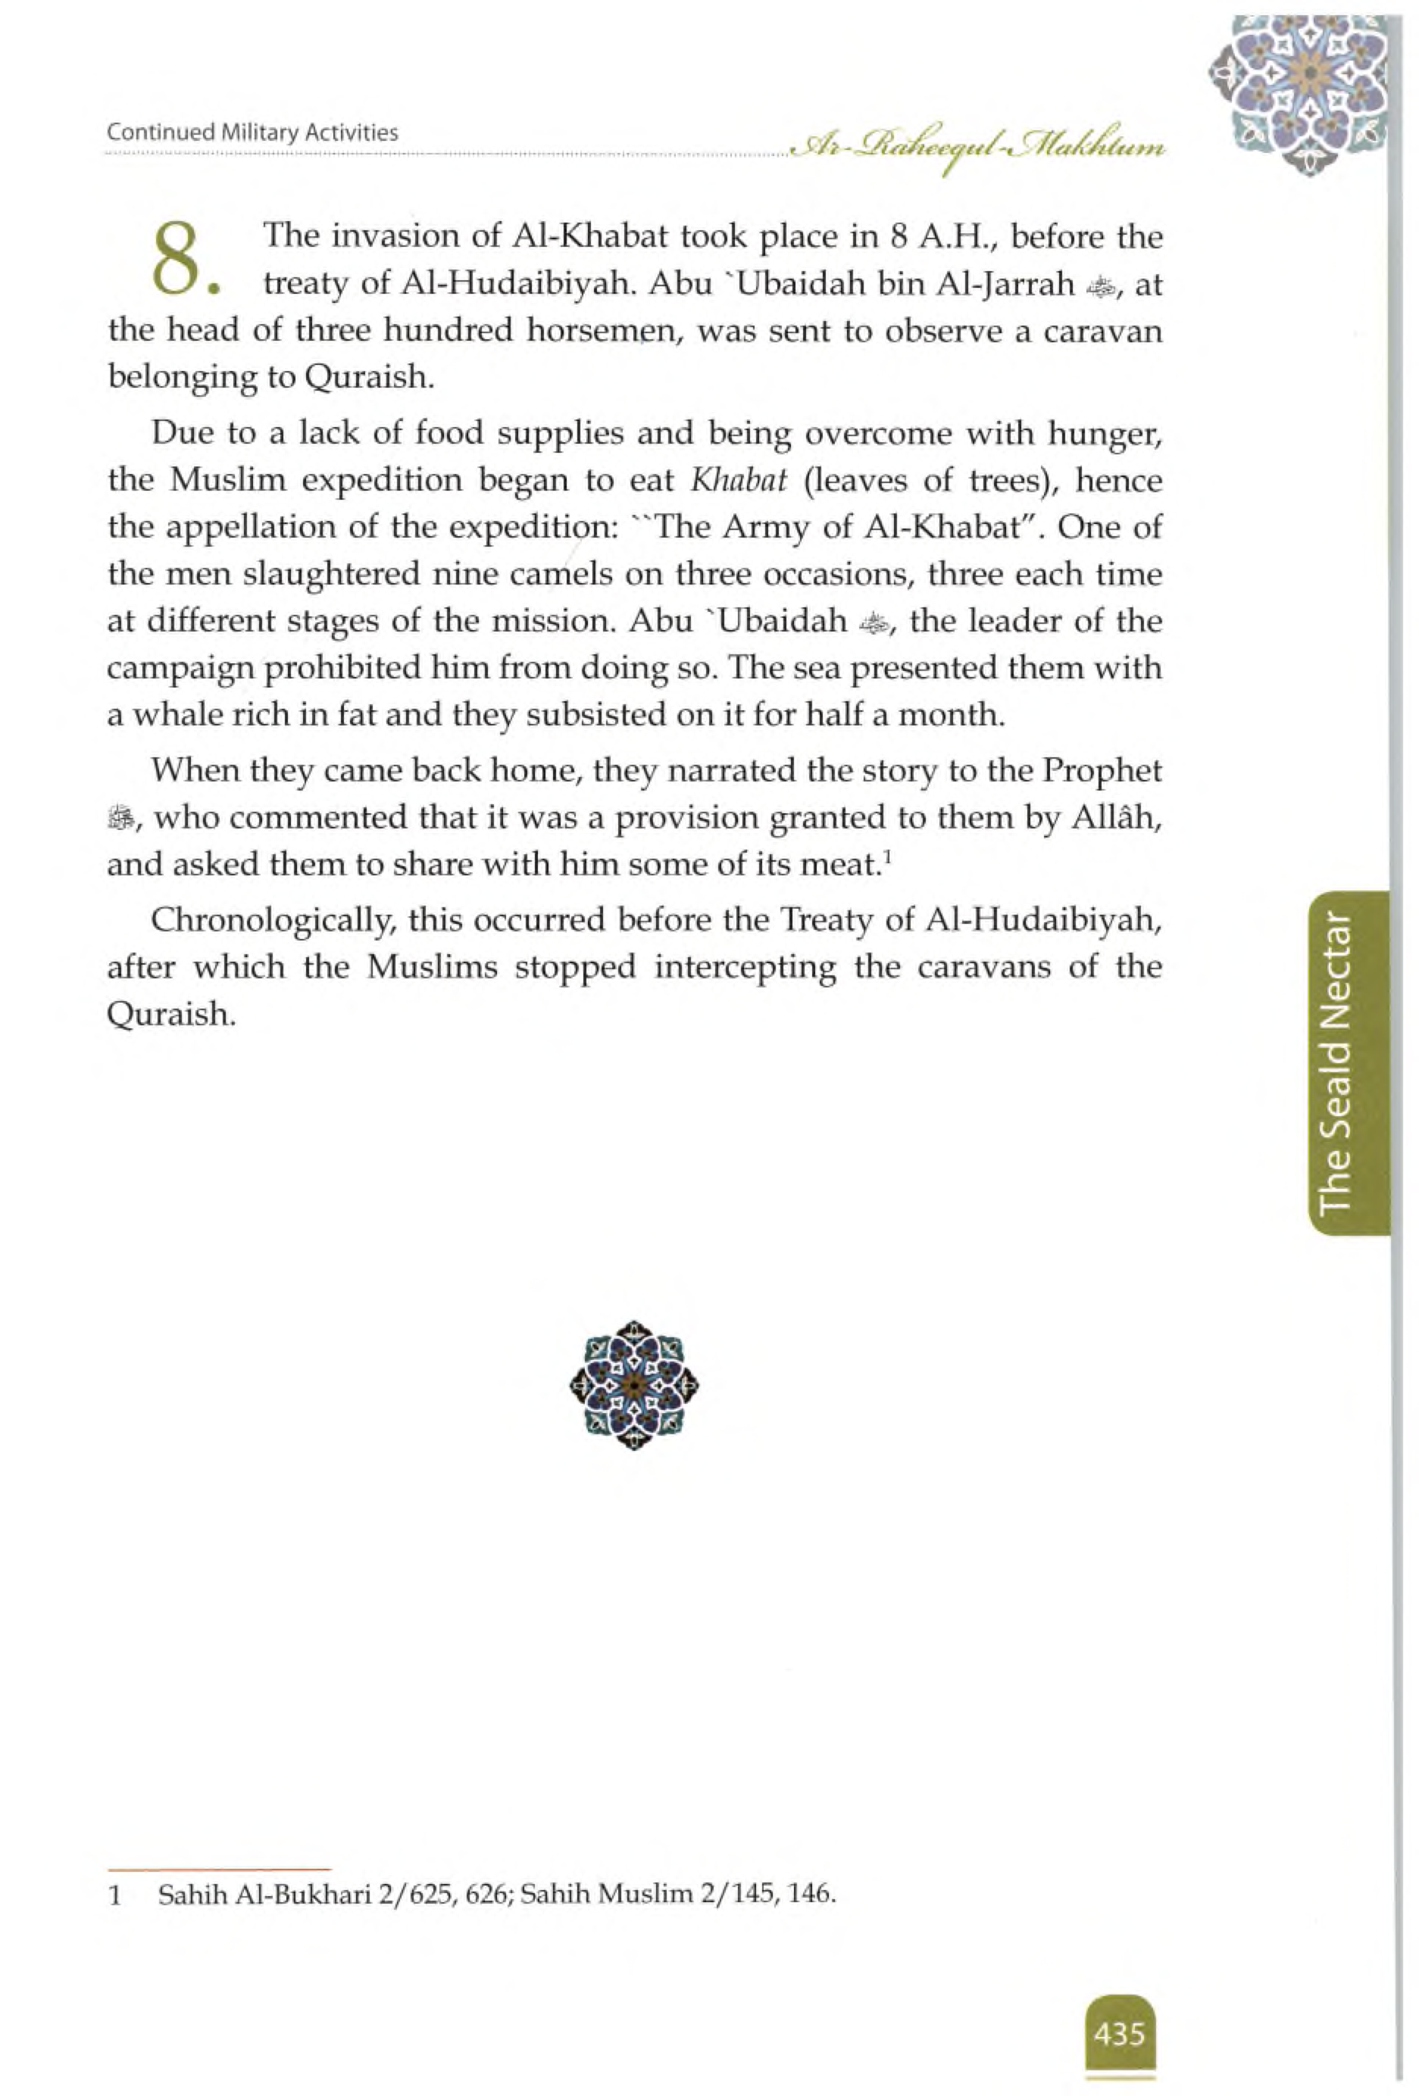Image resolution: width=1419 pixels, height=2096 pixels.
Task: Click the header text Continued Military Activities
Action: pyautogui.click(x=252, y=133)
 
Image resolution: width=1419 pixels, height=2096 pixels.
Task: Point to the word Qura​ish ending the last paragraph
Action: pyautogui.click(x=170, y=1015)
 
